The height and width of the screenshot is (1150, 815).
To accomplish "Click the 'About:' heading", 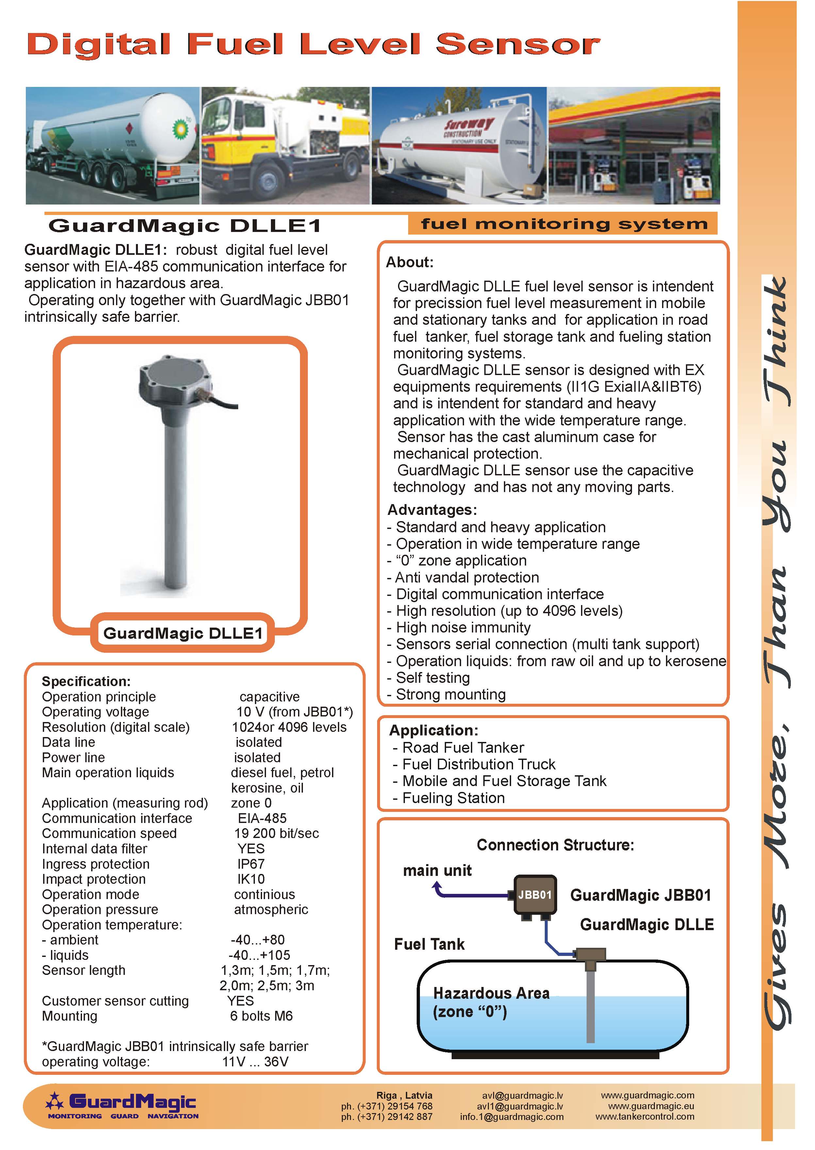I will coord(409,262).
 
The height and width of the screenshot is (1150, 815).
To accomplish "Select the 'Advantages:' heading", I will coord(432,510).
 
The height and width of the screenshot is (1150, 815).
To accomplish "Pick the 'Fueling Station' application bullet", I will coord(453,798).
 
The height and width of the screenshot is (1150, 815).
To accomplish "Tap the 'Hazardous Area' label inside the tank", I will coord(491,993).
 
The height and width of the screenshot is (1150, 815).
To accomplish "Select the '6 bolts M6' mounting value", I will coord(261,1016).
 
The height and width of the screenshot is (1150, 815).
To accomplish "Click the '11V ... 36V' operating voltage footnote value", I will coord(256,1062).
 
